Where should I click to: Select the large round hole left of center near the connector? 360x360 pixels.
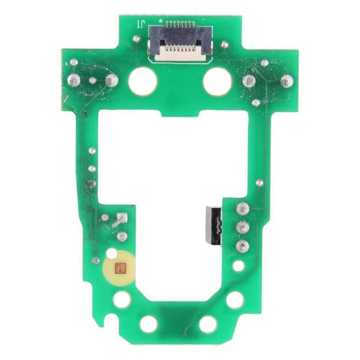click(x=143, y=81)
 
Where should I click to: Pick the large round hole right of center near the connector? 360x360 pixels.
click(x=217, y=81)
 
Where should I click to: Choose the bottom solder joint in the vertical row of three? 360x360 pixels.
click(x=242, y=246)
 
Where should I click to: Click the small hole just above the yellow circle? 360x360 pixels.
click(x=112, y=253)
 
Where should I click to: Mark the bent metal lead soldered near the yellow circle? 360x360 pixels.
click(x=120, y=220)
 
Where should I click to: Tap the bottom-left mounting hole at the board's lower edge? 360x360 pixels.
click(x=149, y=324)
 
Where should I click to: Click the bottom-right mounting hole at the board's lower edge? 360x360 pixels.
click(x=208, y=324)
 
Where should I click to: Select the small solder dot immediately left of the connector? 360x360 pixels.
click(x=136, y=39)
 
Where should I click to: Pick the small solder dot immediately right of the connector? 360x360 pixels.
click(x=224, y=45)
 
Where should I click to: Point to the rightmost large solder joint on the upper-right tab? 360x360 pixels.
click(x=286, y=81)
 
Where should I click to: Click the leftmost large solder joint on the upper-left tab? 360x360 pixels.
click(x=74, y=80)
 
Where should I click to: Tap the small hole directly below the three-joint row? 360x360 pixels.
click(x=239, y=266)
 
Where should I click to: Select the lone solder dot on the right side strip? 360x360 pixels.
click(x=260, y=183)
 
